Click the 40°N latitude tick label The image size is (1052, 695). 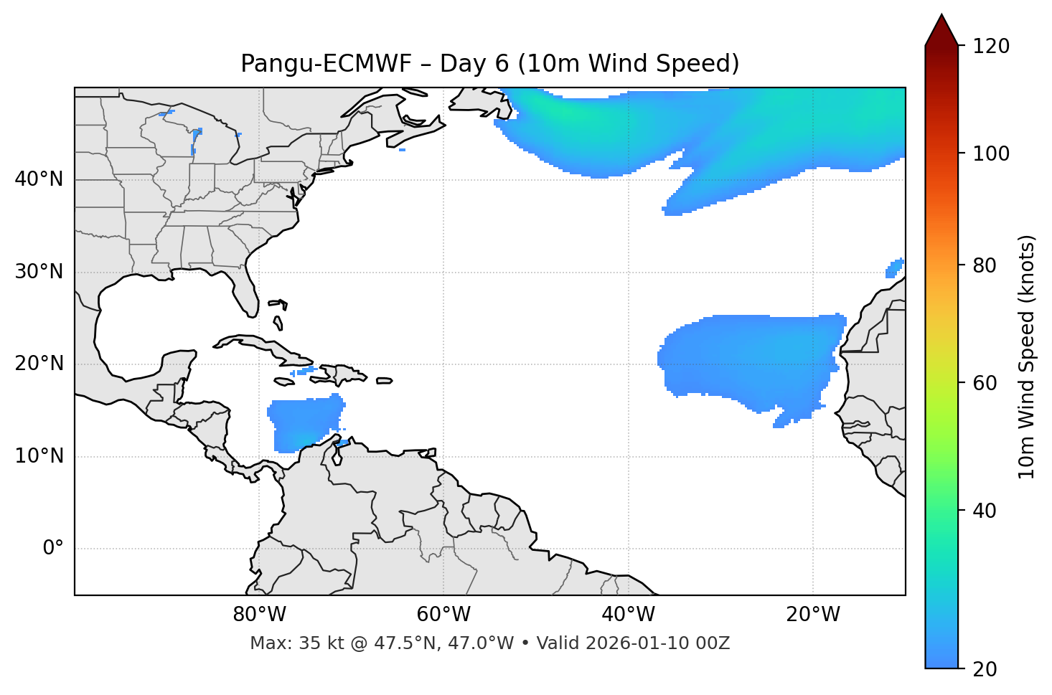(x=39, y=179)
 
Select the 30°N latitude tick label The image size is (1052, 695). (x=39, y=272)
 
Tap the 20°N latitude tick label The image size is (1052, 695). (x=39, y=364)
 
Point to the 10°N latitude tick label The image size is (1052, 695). (x=39, y=456)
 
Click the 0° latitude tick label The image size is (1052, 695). (x=53, y=549)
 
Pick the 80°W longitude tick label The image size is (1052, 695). (x=259, y=615)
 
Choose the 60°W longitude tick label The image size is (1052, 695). (x=443, y=615)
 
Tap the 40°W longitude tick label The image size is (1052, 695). (x=628, y=615)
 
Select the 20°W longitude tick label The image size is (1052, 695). (x=813, y=615)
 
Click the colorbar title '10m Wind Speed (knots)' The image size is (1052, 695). (x=1028, y=356)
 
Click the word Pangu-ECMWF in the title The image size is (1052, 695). (x=327, y=64)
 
